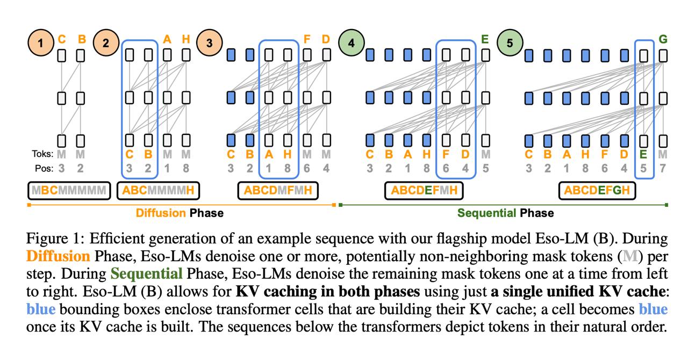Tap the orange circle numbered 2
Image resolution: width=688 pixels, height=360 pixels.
pos(106,42)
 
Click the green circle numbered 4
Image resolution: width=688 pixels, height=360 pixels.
pos(352,42)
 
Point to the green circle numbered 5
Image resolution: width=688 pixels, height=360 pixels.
pos(510,42)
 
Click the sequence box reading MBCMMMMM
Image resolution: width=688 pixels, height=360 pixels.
pos(69,190)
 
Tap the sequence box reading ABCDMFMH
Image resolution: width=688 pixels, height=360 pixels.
pos(278,190)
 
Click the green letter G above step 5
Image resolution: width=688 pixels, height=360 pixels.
pos(663,39)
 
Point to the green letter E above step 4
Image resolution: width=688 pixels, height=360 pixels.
pos(485,39)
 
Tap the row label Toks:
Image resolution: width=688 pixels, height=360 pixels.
pos(42,155)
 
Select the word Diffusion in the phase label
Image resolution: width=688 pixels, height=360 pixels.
pos(161,213)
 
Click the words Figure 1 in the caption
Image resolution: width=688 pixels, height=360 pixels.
pos(51,239)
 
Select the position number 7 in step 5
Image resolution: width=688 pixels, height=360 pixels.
pos(663,168)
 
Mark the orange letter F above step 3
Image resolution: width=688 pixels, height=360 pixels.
pos(307,39)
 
